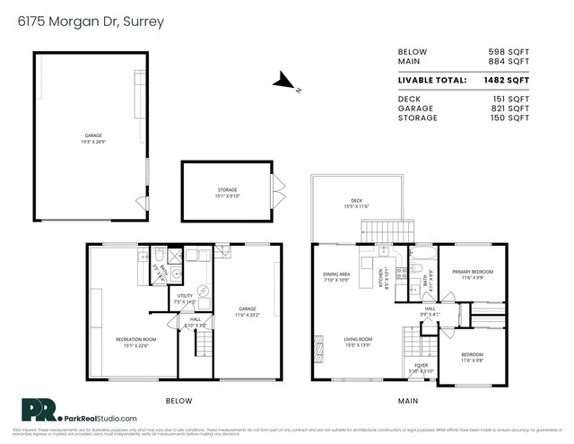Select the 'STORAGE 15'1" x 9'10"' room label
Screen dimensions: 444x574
[228, 192]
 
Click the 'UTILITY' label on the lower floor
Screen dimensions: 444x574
[185, 295]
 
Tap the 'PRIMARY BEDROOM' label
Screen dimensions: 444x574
[472, 272]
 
